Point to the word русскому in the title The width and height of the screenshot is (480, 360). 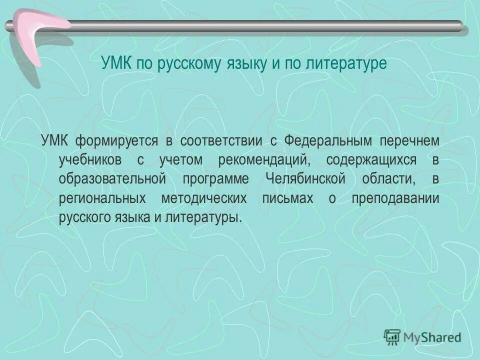(x=188, y=64)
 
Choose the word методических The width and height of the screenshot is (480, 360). (x=204, y=198)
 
